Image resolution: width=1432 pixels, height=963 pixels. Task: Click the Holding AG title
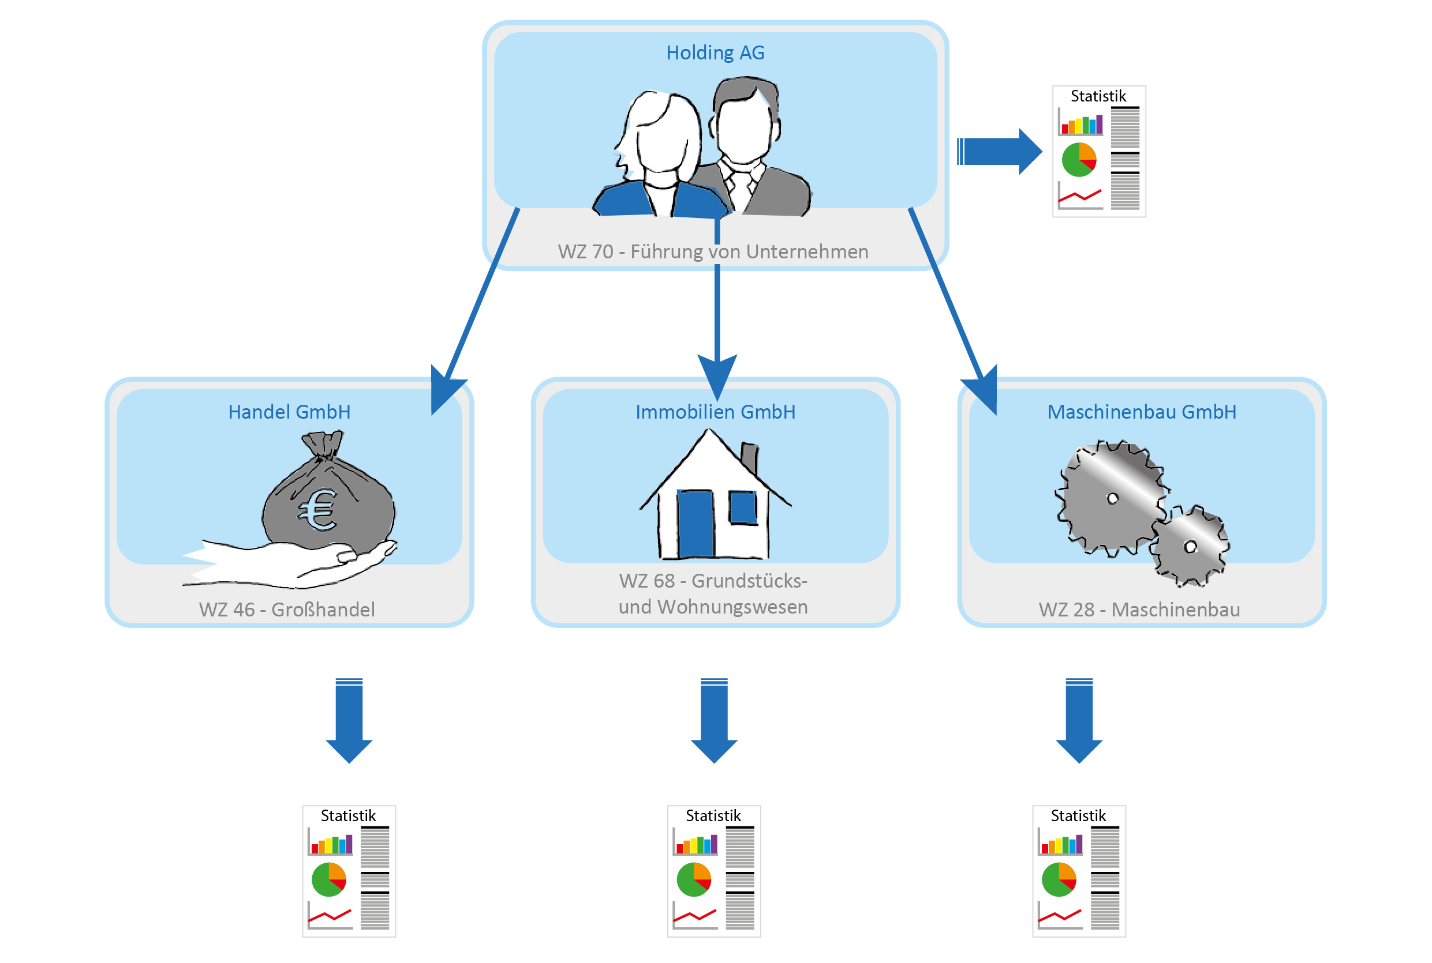(x=715, y=53)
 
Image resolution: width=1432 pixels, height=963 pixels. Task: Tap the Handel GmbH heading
(x=290, y=412)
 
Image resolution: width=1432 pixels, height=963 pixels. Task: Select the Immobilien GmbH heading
(x=715, y=412)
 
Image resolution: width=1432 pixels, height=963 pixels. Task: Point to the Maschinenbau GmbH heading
(x=1141, y=412)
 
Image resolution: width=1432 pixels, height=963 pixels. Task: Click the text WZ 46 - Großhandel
(x=287, y=610)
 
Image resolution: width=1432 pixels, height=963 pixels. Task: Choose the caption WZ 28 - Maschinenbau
(x=1139, y=610)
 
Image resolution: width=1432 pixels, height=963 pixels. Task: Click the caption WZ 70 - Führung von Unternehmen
(x=713, y=252)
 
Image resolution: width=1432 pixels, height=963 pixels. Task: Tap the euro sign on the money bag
(x=318, y=510)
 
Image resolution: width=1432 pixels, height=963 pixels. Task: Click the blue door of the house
(x=695, y=523)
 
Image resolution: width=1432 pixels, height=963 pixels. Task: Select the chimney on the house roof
(x=750, y=457)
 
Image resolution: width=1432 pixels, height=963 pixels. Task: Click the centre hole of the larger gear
(x=1112, y=499)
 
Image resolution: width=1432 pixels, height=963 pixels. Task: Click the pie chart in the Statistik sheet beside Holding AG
(x=1079, y=160)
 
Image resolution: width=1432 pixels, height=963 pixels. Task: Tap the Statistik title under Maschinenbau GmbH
(x=1078, y=815)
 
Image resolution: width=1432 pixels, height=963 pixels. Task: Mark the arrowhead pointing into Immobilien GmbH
(x=717, y=376)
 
